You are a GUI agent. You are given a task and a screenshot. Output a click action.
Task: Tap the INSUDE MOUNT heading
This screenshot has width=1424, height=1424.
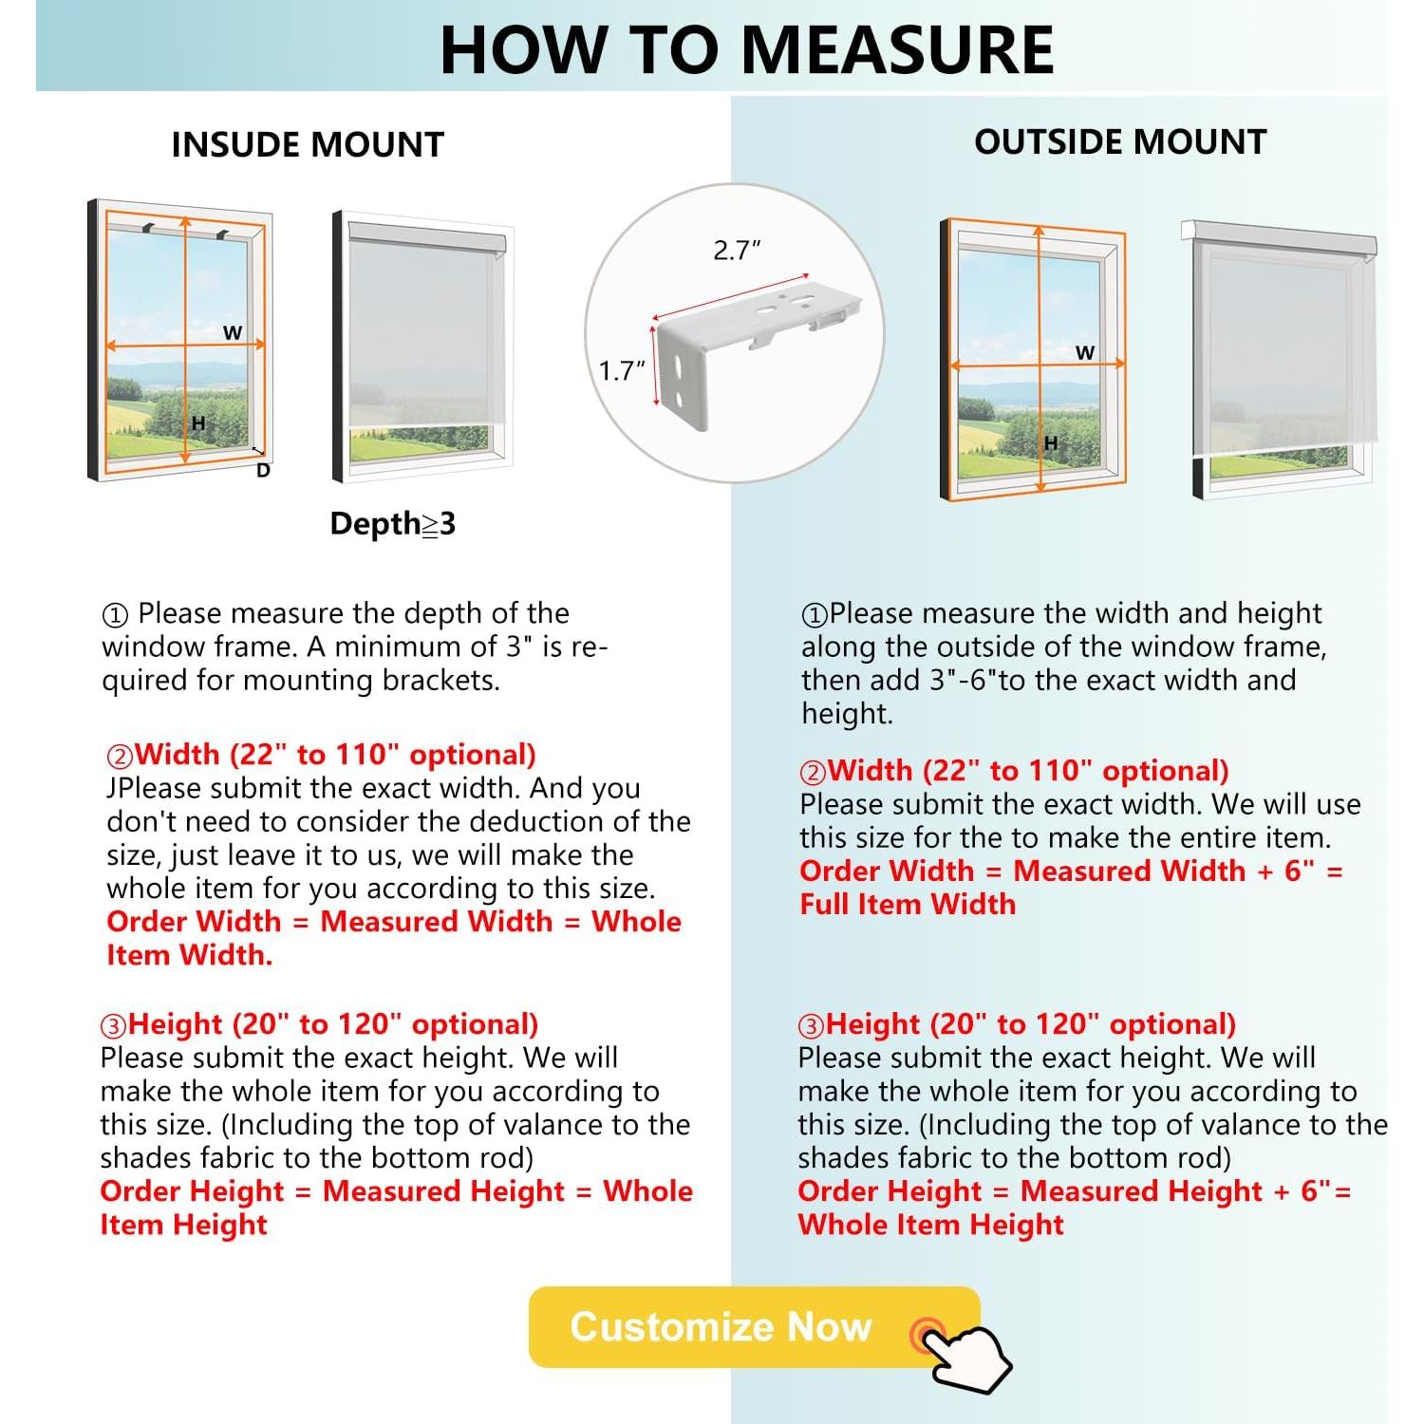(308, 144)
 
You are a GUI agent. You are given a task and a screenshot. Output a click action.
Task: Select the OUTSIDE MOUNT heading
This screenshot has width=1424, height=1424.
(1120, 141)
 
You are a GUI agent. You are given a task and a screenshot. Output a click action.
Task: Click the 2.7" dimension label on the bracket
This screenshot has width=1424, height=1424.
(737, 251)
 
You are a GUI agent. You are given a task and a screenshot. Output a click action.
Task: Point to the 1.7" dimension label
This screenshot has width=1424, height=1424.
(622, 370)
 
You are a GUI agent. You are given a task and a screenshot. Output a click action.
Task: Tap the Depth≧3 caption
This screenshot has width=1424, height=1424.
(392, 523)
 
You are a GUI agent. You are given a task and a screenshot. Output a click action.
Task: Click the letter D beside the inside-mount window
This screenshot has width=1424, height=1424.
(264, 471)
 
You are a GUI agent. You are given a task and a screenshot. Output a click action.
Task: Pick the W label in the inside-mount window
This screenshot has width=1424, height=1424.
(233, 333)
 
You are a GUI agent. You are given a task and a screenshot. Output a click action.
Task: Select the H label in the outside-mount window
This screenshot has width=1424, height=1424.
(1051, 443)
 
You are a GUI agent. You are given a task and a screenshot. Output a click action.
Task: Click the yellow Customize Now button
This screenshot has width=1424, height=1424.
(721, 1326)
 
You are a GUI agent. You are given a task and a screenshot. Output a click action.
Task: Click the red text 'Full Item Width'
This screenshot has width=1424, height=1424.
(908, 904)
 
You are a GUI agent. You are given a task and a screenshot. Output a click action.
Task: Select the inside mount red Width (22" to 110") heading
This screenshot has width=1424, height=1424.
(323, 755)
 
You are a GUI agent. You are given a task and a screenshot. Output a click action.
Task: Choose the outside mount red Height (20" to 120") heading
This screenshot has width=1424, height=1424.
(1018, 1024)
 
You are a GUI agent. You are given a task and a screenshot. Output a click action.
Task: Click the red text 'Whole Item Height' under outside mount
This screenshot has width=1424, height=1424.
(930, 1225)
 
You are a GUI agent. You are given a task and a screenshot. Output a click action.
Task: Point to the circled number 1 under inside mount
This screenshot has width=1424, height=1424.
(115, 615)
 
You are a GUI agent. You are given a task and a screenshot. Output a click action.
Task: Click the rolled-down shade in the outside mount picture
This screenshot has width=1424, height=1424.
(1282, 351)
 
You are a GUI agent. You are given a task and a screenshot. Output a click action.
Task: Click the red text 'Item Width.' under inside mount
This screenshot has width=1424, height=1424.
(190, 955)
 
